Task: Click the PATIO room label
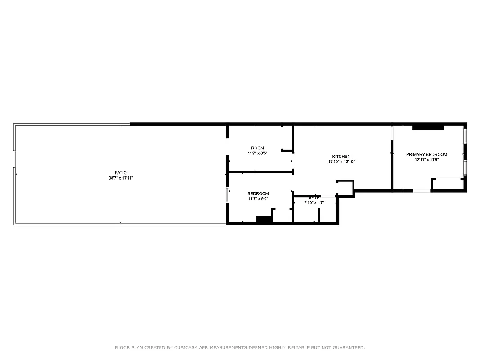(x=121, y=173)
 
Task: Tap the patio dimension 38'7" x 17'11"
(x=121, y=178)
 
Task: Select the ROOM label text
(x=257, y=148)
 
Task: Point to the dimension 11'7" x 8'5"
(x=257, y=153)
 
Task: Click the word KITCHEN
(x=341, y=157)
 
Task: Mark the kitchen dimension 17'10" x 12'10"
(x=341, y=162)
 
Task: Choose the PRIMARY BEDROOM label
(x=426, y=154)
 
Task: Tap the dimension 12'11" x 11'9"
(x=426, y=160)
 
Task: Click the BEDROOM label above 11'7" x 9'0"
(x=258, y=193)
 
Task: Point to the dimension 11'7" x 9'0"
(x=258, y=199)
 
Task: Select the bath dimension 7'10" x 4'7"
(x=314, y=203)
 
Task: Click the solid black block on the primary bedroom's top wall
(x=427, y=127)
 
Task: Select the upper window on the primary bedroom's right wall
(x=465, y=135)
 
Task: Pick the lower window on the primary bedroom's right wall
(x=465, y=166)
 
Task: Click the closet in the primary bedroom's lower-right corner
(x=448, y=184)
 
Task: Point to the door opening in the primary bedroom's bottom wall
(x=422, y=191)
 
